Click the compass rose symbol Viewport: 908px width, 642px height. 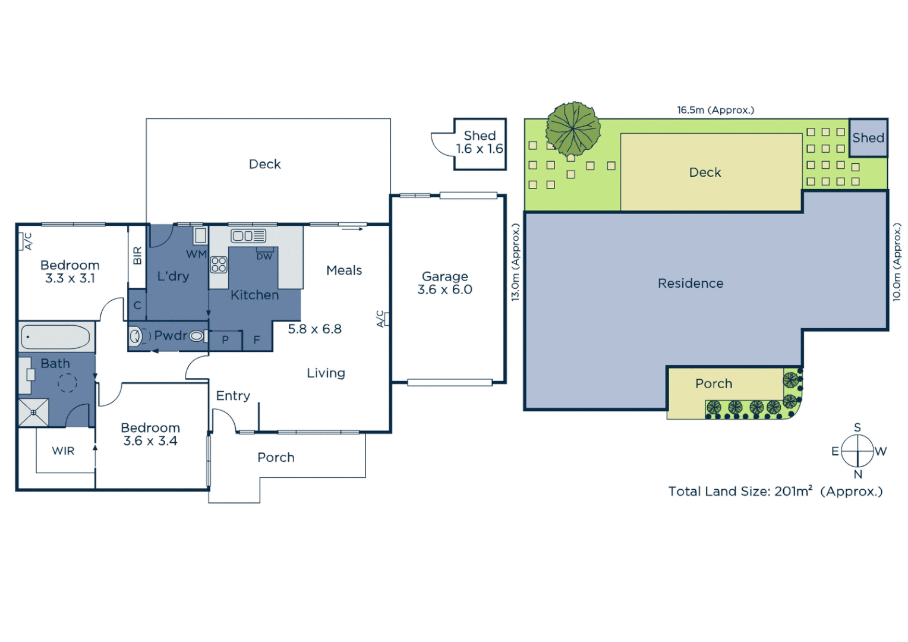[857, 451]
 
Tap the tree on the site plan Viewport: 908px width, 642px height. [573, 128]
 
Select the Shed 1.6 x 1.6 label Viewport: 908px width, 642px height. [480, 143]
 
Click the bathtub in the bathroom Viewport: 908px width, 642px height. [56, 337]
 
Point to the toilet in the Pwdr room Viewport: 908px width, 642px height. [136, 336]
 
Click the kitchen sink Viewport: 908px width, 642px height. [248, 236]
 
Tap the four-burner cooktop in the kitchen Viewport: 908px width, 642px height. [219, 265]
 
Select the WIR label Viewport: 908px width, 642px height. [63, 451]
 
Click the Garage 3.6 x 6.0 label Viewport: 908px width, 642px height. [444, 283]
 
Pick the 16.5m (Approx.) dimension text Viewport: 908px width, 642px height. [715, 110]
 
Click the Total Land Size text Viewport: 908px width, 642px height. [775, 492]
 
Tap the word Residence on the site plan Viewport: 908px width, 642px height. [691, 284]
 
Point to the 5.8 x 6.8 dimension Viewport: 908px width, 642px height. [314, 329]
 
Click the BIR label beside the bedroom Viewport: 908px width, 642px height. [137, 256]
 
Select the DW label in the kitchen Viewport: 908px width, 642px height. [264, 257]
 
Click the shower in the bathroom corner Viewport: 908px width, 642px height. [33, 413]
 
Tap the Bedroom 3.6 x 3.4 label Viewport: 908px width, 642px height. [150, 435]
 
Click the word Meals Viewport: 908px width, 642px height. [344, 270]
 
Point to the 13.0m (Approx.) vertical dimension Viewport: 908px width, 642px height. [515, 262]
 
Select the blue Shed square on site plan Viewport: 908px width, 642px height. [868, 138]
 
